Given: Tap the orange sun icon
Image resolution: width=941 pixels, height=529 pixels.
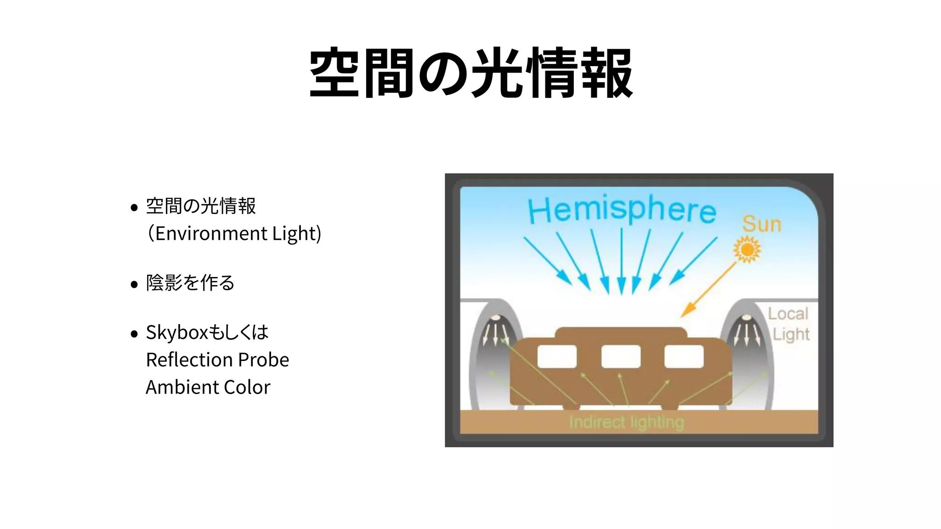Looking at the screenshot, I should click(747, 250).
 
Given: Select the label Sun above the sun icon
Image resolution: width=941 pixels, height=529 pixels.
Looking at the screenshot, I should click(761, 224).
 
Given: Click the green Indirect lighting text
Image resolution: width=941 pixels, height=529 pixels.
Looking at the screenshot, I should click(626, 422).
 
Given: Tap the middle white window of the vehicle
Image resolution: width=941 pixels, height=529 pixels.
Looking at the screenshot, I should click(621, 357).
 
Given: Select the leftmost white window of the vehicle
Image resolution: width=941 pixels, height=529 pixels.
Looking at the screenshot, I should click(557, 357).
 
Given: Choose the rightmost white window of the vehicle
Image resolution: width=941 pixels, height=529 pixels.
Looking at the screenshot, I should click(684, 357).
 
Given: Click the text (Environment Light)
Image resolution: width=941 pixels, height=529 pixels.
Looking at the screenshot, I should click(234, 233).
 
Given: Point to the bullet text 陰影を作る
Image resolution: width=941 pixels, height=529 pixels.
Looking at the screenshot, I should click(190, 283).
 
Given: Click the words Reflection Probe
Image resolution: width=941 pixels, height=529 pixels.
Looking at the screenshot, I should click(217, 360).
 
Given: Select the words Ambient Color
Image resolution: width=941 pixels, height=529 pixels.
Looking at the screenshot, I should click(208, 387).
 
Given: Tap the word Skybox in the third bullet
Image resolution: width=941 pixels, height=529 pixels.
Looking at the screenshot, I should click(177, 332).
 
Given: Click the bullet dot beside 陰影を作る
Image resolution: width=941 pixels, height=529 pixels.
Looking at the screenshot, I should click(134, 284).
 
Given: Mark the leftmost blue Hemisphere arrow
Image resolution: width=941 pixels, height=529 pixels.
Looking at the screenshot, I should click(547, 260).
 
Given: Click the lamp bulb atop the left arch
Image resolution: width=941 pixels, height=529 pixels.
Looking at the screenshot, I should click(496, 318).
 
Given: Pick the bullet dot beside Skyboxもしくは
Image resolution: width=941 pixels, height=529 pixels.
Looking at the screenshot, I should click(134, 333).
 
